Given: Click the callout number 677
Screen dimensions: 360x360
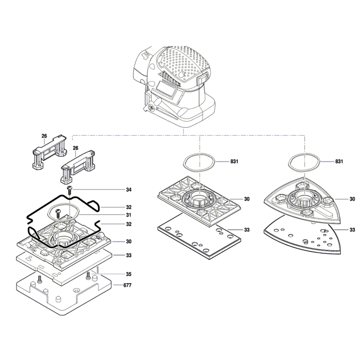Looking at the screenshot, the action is pos(127,285).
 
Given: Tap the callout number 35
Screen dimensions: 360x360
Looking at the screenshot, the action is pos(129,274).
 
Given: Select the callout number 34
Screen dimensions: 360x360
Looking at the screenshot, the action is pos(129,190).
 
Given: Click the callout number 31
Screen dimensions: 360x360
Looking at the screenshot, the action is pos(129,215).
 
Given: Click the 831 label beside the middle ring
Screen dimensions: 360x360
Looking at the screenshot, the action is pos(234,161).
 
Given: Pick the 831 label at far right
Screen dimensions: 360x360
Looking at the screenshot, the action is pos(339,161).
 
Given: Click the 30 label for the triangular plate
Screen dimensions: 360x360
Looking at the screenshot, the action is pos(352,199).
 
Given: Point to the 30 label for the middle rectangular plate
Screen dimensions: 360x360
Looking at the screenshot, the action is pos(247,199).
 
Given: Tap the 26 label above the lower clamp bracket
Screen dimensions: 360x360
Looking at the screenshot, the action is pos(76,148).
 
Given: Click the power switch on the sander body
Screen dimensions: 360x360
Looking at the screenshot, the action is pos(202,79).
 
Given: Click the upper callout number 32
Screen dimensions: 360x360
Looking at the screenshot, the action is pos(129,207).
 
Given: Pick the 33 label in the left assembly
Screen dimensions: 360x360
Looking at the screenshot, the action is pos(129,255).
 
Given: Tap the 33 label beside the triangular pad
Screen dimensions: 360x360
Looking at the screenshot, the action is pos(352,230).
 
